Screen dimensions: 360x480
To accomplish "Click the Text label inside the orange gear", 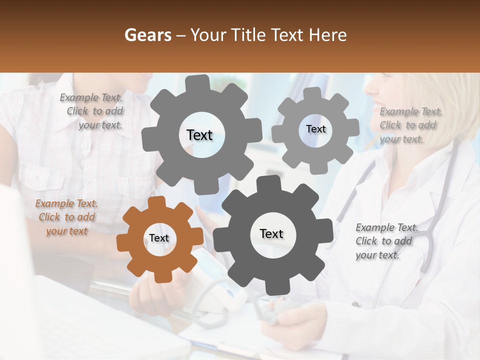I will (x=159, y=238).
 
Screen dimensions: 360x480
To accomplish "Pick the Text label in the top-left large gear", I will (x=199, y=135).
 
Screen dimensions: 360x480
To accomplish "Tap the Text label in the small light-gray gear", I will (x=315, y=129).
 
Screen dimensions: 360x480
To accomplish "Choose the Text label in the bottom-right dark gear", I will (x=271, y=233).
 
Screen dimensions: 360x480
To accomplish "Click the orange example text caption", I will (x=66, y=217).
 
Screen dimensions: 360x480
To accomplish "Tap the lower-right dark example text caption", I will (x=385, y=241).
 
